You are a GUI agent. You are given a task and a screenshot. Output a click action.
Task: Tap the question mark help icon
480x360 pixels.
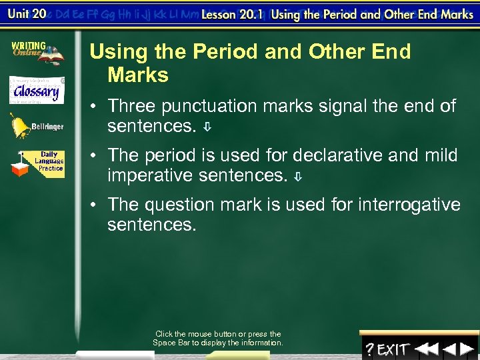[x=369, y=349]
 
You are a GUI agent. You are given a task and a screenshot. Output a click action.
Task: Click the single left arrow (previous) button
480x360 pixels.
[x=449, y=349]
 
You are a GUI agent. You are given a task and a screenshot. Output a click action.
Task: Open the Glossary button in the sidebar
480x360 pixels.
[x=36, y=90]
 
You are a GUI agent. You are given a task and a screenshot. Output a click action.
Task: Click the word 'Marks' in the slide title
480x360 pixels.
[x=138, y=75]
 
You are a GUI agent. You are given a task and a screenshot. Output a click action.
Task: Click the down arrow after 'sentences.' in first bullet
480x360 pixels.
[x=208, y=127]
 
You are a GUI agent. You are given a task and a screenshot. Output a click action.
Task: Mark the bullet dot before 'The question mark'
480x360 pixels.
[x=96, y=205]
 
